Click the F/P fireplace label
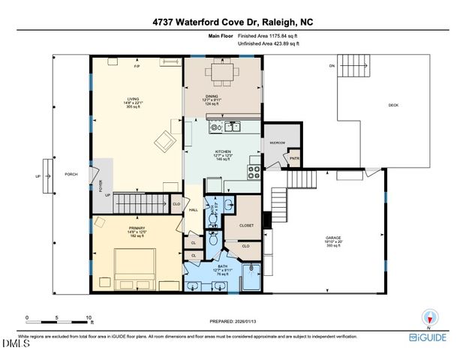[x=137, y=67]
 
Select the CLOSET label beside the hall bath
[x=247, y=225]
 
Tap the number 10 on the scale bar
[x=89, y=317]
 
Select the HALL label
[x=193, y=209]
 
